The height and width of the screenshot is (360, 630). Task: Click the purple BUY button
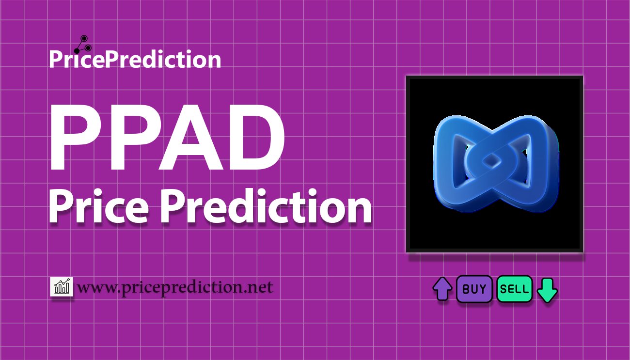[474, 289]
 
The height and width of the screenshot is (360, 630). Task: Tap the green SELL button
[515, 289]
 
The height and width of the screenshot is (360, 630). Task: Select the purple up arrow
[442, 289]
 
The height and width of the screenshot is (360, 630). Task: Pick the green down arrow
[547, 290]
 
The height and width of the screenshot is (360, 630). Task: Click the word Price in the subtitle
[99, 206]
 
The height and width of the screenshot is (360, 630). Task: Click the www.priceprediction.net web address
[175, 287]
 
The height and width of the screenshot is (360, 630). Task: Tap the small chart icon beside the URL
[62, 286]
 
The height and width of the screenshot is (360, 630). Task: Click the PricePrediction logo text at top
[135, 59]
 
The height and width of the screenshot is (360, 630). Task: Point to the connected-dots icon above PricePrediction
[83, 44]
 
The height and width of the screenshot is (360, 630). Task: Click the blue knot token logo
[496, 163]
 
